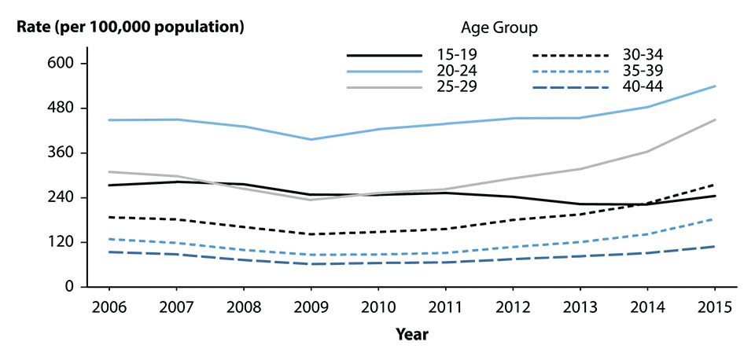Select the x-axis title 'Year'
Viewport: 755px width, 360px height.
(411, 334)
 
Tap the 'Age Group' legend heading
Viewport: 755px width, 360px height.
(499, 29)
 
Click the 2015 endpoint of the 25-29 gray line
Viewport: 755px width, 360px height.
(715, 119)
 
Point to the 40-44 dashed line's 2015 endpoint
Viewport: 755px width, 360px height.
(715, 246)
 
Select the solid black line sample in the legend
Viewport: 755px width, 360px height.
(384, 55)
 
